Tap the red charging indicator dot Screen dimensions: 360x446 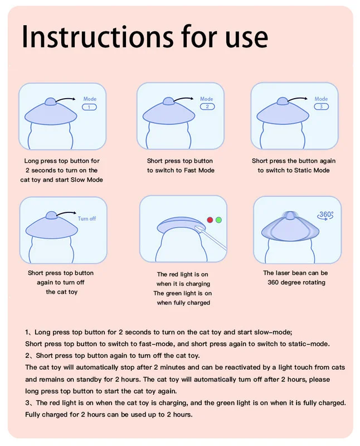pyautogui.click(x=210, y=220)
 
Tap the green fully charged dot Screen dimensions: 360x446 pyautogui.click(x=218, y=220)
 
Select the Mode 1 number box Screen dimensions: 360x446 pyautogui.click(x=89, y=107)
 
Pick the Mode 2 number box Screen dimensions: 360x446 pyautogui.click(x=207, y=106)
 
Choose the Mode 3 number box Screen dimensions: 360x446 pyautogui.click(x=322, y=106)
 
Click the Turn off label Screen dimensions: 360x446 pyautogui.click(x=87, y=219)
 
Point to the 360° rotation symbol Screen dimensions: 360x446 pyautogui.click(x=325, y=215)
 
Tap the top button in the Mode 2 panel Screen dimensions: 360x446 pyautogui.click(x=168, y=101)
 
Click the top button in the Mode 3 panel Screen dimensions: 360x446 pyautogui.click(x=283, y=101)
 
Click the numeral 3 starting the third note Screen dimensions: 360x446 pyautogui.click(x=27, y=403)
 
